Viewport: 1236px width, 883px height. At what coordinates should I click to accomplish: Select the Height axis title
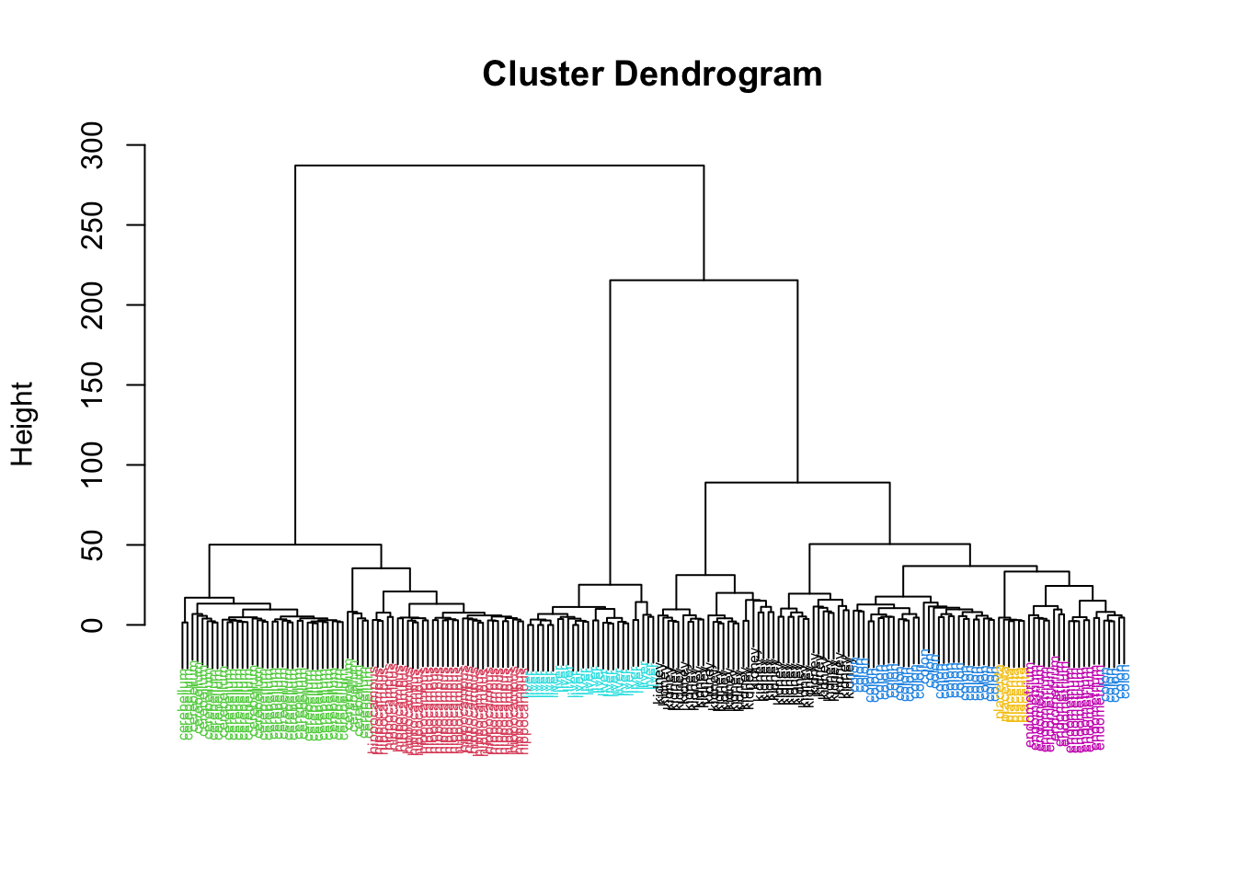(22, 424)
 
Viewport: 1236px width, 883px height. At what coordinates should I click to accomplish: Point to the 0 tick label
(93, 625)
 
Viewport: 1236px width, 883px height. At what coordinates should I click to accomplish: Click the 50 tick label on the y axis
(93, 545)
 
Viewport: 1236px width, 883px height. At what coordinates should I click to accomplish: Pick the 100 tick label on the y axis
(93, 465)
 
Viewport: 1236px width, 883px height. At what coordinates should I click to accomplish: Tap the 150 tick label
(93, 385)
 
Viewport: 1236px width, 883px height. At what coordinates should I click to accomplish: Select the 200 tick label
(93, 305)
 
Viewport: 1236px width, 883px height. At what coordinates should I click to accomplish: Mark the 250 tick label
(93, 225)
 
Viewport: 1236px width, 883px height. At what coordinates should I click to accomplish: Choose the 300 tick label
(93, 145)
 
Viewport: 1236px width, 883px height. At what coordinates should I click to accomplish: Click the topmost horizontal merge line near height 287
(499, 166)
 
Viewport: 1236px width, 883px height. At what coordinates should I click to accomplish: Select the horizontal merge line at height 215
(704, 281)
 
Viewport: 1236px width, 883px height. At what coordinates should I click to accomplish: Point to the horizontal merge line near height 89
(797, 482)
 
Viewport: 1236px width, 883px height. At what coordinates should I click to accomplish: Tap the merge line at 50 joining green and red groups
(295, 545)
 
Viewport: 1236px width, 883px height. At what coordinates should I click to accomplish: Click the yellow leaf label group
(1011, 694)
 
